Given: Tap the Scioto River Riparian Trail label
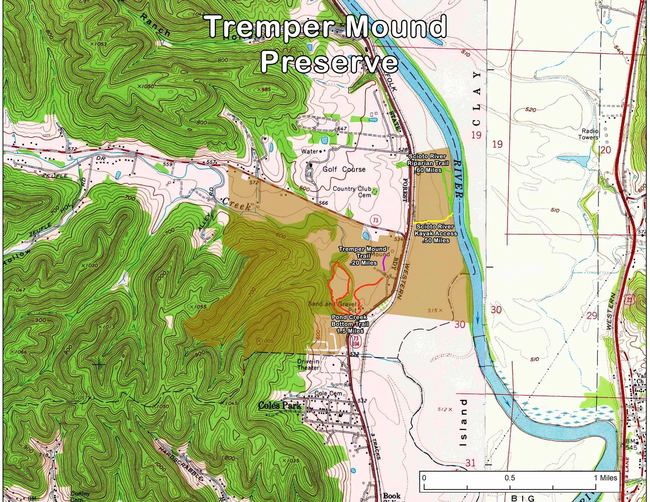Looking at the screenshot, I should coord(428,163).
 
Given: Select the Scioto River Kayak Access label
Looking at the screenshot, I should coord(435,233).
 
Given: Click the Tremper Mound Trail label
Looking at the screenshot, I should coord(362,256).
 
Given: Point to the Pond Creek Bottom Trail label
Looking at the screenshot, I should coord(350,324).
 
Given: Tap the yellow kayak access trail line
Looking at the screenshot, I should coord(433,219).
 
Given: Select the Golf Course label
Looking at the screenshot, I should coord(344,169).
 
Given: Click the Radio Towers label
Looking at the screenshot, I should coord(589,134).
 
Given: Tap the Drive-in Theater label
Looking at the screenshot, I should coord(308,365).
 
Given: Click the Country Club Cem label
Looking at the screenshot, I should coord(352,192).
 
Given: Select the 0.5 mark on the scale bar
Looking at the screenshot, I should coord(510,478).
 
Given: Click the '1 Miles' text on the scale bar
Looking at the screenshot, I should coord(605,478).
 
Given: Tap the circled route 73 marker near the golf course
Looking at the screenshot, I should coord(375,220).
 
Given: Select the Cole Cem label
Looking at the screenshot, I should coord(328,393).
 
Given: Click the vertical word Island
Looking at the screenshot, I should coord(464,422).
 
